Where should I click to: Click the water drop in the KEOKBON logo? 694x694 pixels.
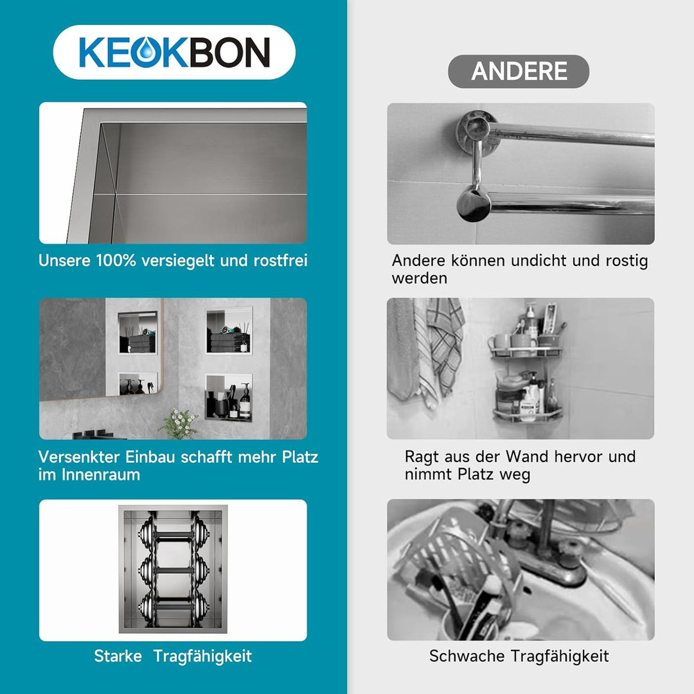[145, 53]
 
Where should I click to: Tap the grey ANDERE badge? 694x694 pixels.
[519, 71]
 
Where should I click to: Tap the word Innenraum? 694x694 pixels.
[100, 474]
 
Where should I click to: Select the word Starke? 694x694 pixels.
[118, 656]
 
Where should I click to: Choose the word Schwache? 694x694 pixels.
[467, 656]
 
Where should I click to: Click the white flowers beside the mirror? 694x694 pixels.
[179, 423]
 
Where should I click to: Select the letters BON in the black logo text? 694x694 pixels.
[229, 53]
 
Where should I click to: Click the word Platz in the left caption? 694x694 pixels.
[300, 457]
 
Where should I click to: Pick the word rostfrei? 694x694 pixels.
[280, 260]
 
